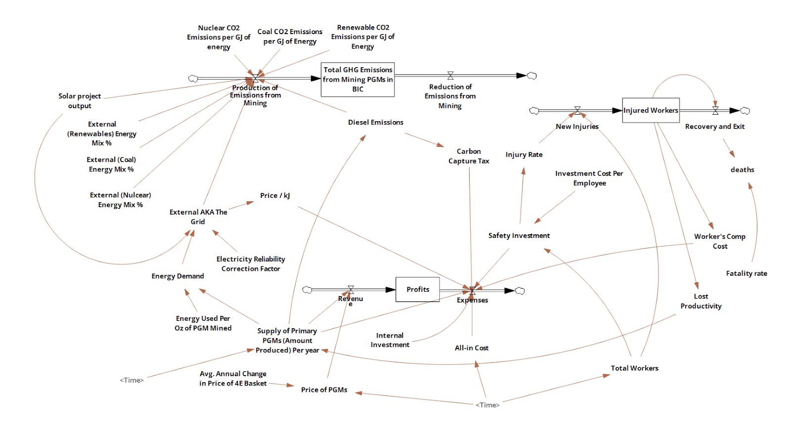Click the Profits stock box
point(417,290)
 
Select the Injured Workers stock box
point(651,110)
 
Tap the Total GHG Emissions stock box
point(357,80)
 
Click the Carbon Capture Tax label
point(469,156)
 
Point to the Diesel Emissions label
point(376,122)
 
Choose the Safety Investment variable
point(519,236)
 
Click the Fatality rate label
point(747,273)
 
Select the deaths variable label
point(743,170)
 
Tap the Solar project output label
point(80,101)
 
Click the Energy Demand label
point(177,276)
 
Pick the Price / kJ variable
point(275,196)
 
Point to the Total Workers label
point(635,368)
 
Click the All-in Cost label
point(472,348)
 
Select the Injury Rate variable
point(524,155)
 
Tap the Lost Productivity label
point(701,301)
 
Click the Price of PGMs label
point(324,390)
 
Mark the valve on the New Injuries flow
point(577,110)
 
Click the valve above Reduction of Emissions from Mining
point(450,76)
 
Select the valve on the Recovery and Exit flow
point(715,110)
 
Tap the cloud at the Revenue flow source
point(307,290)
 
